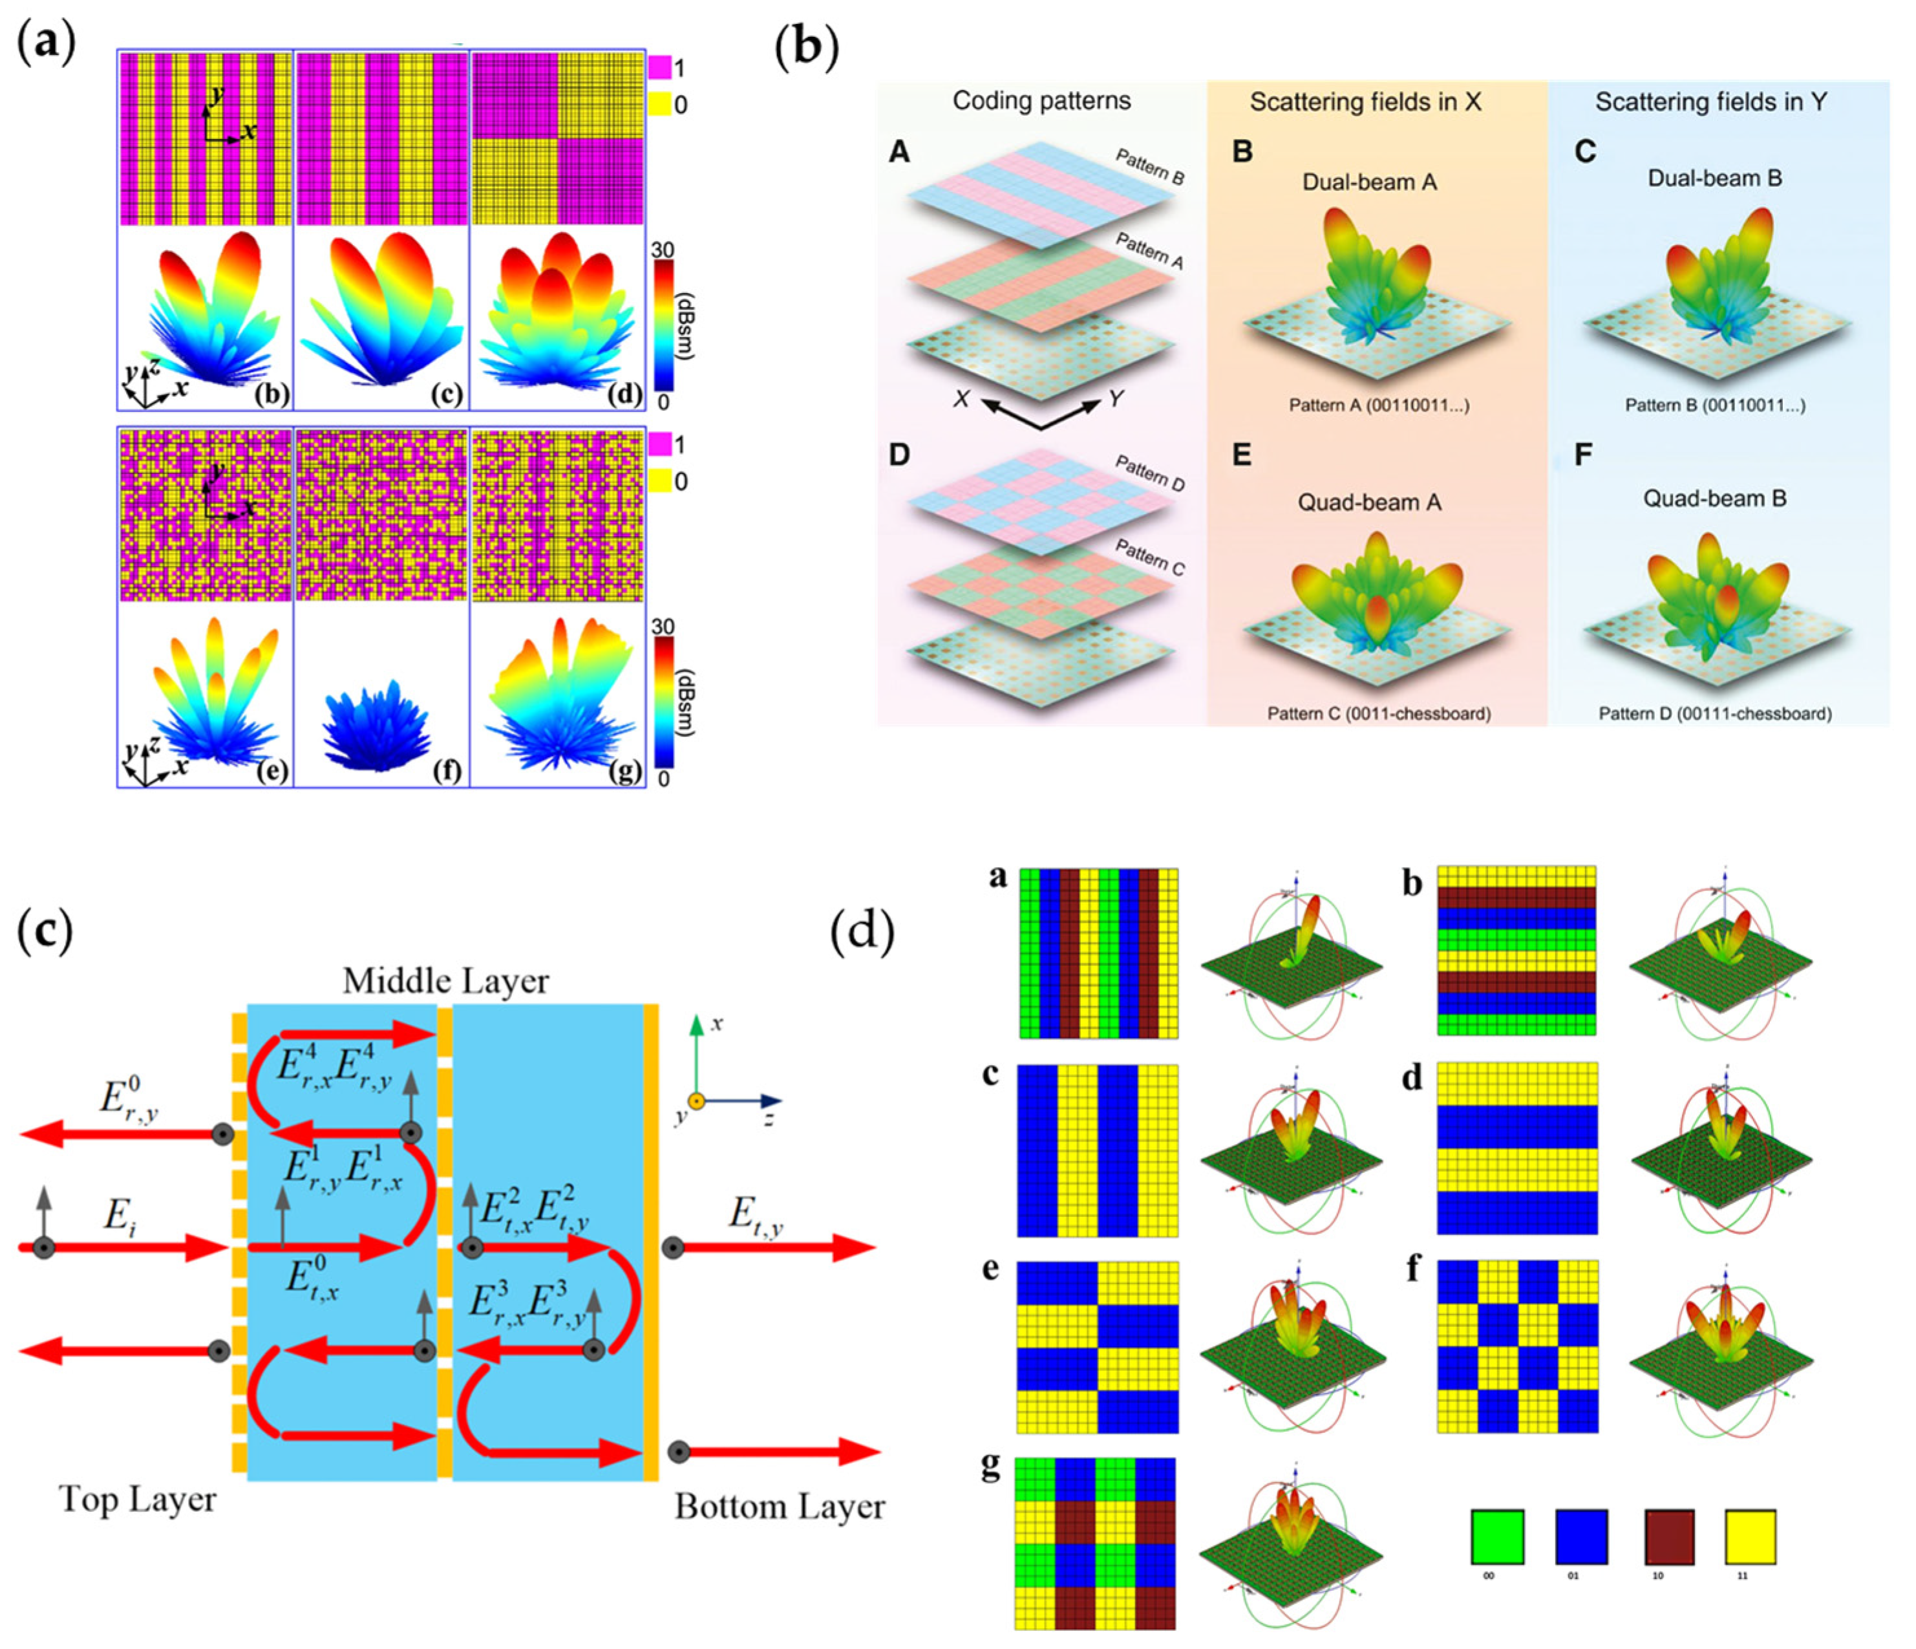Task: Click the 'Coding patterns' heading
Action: [1041, 101]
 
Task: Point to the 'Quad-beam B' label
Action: [1714, 499]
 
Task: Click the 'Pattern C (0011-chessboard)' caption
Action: [1378, 714]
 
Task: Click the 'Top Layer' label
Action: [137, 1499]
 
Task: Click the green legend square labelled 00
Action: [1497, 1536]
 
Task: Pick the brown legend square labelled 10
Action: [1669, 1536]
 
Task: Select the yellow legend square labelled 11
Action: [1751, 1536]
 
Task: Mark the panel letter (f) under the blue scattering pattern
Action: [447, 770]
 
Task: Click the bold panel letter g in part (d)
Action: [990, 1469]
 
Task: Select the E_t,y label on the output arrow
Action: [756, 1214]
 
